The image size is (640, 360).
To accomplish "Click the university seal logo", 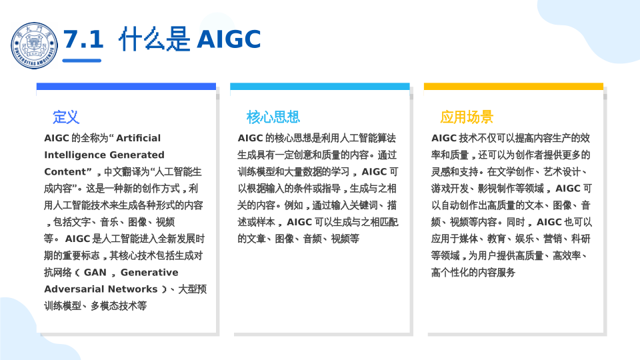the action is [x=34, y=46].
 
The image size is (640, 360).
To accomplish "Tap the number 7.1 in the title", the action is [x=84, y=39].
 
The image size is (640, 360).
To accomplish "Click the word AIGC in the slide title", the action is [x=229, y=39].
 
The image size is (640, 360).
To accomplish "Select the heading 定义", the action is [x=66, y=117].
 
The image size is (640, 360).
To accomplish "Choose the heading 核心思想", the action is [x=273, y=117].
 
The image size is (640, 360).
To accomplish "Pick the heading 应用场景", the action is [x=467, y=117].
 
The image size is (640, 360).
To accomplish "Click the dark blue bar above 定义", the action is [x=126, y=86].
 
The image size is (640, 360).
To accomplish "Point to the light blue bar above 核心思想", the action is [x=319, y=86].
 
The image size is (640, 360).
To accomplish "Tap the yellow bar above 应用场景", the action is [x=513, y=86].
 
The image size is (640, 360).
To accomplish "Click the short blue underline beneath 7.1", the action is [x=81, y=61].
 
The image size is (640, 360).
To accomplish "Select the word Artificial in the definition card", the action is [x=139, y=139].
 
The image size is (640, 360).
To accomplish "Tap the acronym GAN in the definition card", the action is [x=95, y=272].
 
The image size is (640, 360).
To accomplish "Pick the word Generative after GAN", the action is [x=149, y=272].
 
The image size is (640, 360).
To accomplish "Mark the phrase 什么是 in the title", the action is [x=154, y=39].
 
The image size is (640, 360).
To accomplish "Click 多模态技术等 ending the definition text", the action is [x=119, y=306].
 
